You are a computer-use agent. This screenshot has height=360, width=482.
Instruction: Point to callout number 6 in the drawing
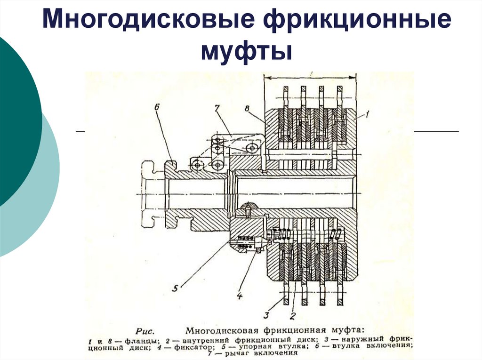[x=157, y=108]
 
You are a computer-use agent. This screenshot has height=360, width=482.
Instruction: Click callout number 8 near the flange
[x=248, y=109]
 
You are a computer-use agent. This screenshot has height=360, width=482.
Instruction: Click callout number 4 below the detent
[x=239, y=296]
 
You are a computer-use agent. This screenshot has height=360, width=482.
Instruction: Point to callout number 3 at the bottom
[x=266, y=315]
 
